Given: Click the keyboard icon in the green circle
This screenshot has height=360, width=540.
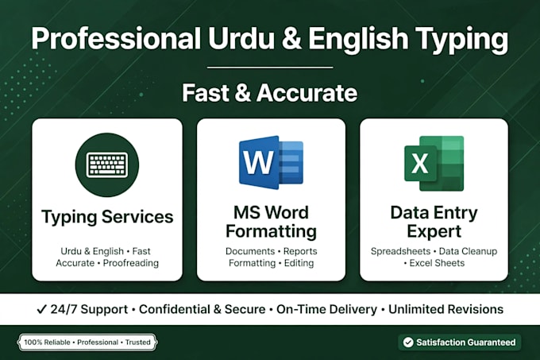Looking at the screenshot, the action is (107, 165).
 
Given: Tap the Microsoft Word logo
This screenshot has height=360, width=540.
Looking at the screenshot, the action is (271, 162).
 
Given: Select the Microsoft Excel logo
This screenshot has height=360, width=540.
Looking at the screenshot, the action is (434, 163).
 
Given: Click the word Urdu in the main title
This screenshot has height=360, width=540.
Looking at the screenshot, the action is (241, 38).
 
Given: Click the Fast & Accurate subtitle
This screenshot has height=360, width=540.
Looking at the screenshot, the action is (270, 93).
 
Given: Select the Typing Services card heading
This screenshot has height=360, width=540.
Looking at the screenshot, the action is (107, 217).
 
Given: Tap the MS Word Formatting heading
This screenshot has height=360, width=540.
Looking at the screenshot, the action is (271, 222).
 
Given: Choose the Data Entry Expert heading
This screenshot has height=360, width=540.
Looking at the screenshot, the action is (434, 222).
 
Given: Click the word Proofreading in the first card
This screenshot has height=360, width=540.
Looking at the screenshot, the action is (131, 263).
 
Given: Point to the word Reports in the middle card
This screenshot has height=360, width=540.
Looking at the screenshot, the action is (300, 251).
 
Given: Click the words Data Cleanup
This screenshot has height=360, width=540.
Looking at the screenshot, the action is (468, 251).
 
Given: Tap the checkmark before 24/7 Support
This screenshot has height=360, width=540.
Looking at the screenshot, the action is (41, 309).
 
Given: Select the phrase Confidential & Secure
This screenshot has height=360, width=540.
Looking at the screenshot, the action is (202, 309).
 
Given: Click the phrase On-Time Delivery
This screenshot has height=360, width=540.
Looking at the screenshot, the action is (326, 309).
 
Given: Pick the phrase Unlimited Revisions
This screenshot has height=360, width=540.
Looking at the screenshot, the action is (445, 309).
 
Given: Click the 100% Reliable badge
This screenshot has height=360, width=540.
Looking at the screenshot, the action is (87, 342).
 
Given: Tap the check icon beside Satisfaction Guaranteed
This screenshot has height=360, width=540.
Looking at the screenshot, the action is (408, 342).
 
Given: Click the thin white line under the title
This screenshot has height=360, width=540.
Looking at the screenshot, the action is (270, 68).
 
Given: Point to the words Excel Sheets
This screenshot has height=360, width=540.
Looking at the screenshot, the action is (437, 263).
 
